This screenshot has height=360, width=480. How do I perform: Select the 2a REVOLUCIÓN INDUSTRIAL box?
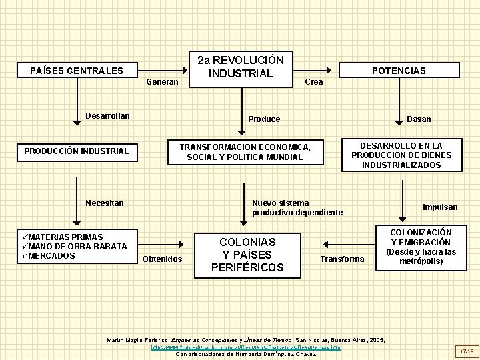(241, 67)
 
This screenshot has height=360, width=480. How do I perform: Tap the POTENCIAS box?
(399, 71)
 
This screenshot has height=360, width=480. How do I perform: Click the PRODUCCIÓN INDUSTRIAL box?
(76, 151)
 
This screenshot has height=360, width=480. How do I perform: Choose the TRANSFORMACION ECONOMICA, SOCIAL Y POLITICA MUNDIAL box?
(245, 152)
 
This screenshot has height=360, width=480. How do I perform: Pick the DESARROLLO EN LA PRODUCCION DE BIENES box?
(401, 155)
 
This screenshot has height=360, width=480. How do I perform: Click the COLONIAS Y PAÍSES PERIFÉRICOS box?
(247, 254)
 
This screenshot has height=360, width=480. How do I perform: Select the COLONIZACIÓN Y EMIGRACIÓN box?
(421, 247)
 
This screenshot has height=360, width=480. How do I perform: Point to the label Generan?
(162, 82)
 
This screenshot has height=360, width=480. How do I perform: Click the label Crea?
(313, 82)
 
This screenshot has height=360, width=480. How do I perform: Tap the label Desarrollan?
(107, 116)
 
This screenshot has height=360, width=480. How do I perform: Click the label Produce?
(264, 119)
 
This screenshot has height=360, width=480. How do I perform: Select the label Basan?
(419, 119)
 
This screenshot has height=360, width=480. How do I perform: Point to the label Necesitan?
(105, 203)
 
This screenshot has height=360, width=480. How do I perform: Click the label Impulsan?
(440, 207)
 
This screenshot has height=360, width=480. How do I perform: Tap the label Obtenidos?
(163, 259)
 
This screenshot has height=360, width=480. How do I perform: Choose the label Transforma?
(342, 259)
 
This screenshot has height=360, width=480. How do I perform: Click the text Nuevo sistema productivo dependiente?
(297, 207)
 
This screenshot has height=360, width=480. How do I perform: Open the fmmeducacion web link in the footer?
(245, 347)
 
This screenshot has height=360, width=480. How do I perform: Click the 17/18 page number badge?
(464, 350)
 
